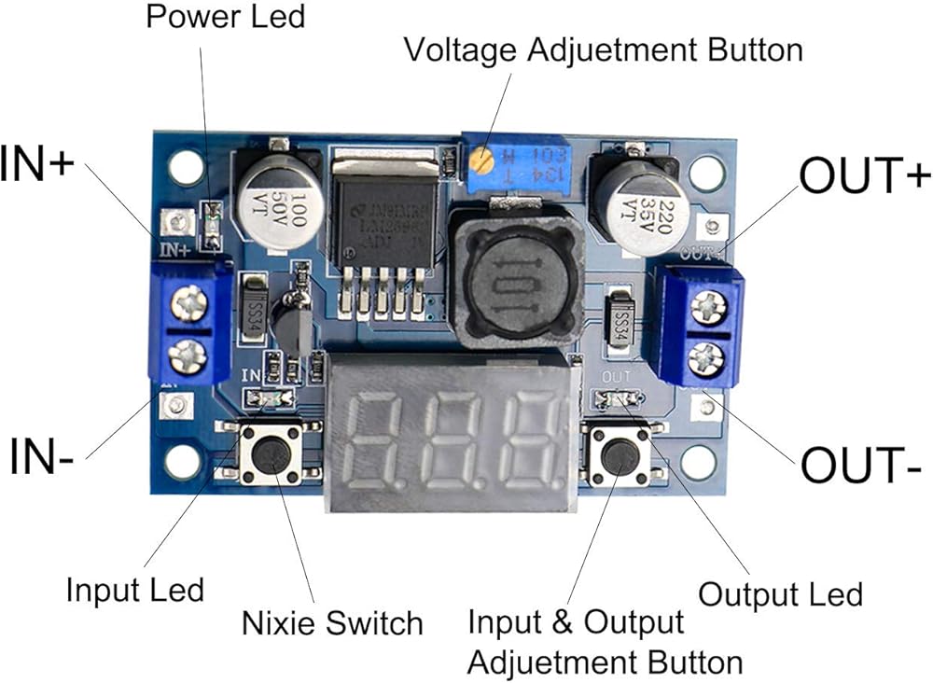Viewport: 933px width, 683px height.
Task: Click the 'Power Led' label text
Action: pyautogui.click(x=225, y=16)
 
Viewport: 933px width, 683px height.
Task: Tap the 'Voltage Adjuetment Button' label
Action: pyautogui.click(x=603, y=49)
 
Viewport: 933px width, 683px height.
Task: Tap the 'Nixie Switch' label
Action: pyautogui.click(x=332, y=622)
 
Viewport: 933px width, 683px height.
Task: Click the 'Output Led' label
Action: pyautogui.click(x=780, y=594)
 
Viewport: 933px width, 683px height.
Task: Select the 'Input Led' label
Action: pyautogui.click(x=134, y=590)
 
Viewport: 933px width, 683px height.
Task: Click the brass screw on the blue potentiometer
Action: pyautogui.click(x=481, y=160)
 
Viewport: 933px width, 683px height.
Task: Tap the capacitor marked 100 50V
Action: pyautogui.click(x=272, y=201)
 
